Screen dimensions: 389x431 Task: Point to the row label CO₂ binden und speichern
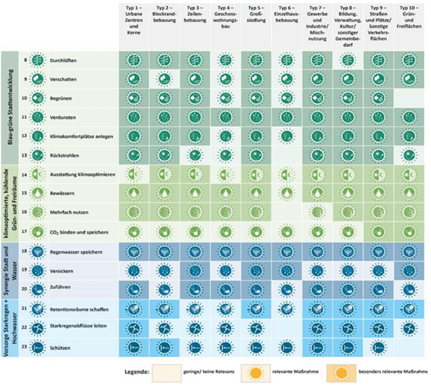(76, 231)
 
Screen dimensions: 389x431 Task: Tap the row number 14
(25, 175)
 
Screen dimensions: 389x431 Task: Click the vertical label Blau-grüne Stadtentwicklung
(9, 100)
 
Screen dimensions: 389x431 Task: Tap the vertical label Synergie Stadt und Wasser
(9, 271)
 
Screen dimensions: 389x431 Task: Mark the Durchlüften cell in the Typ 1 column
(135, 61)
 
